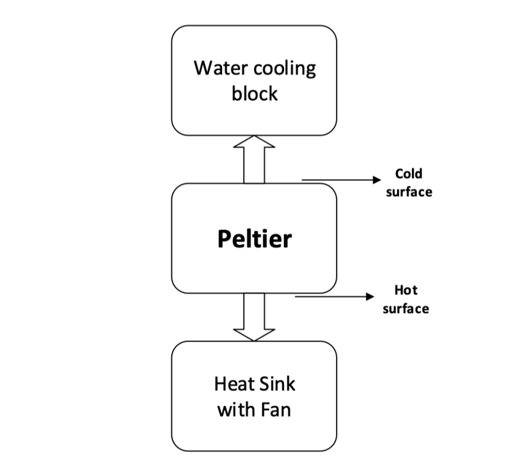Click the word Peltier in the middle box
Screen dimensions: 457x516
click(x=254, y=239)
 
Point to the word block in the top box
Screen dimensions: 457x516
click(x=254, y=93)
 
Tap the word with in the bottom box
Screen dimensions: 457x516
click(x=234, y=410)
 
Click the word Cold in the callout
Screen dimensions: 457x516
click(x=409, y=173)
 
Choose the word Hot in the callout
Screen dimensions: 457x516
click(x=406, y=290)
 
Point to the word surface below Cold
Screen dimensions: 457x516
click(x=409, y=192)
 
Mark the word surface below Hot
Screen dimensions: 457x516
click(x=406, y=309)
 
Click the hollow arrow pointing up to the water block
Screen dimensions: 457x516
click(x=254, y=159)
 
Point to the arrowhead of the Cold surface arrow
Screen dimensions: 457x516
click(x=377, y=180)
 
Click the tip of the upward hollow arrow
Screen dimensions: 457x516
click(x=254, y=136)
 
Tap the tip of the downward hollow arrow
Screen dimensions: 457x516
click(x=254, y=340)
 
